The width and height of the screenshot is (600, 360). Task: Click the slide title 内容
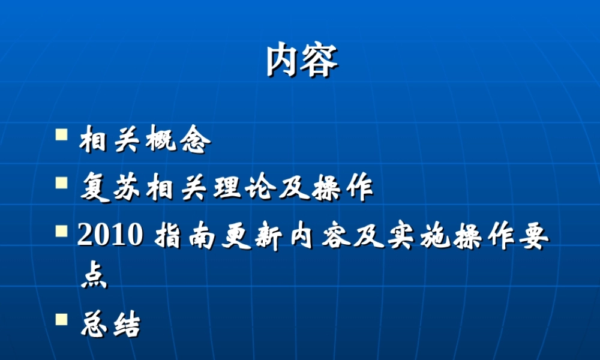302,59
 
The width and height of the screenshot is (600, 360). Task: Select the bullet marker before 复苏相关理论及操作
61,182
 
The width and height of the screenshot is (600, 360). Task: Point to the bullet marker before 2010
61,231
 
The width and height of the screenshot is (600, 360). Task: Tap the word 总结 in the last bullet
110,325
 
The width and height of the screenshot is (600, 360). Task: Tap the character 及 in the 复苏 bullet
293,189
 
